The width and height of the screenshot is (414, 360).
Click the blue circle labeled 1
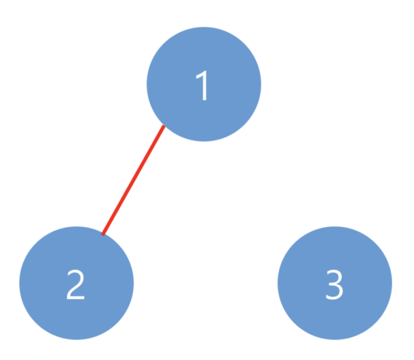point(204,84)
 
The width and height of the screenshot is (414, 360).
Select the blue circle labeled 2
point(76,283)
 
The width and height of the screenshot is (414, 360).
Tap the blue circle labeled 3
point(335,283)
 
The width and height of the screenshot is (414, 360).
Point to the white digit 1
point(202,85)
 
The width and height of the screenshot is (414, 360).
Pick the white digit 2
point(76,284)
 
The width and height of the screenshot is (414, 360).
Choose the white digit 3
point(334,284)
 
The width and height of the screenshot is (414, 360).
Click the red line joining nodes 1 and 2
point(133,180)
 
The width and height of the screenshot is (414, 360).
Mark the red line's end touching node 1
point(164,126)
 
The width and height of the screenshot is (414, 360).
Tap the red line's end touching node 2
point(103,234)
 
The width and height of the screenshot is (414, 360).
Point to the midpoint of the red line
point(133,180)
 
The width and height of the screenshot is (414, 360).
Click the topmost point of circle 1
point(204,27)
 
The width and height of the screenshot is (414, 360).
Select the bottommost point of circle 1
point(204,142)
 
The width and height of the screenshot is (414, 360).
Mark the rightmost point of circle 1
point(261,84)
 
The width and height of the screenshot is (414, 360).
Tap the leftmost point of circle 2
point(20,283)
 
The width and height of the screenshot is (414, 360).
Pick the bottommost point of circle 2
point(76,340)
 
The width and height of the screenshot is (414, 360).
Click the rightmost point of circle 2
point(134,283)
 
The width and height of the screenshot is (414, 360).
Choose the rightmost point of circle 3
point(392,283)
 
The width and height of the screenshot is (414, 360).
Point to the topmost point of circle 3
point(335,226)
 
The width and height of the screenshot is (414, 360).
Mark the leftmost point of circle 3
point(277,283)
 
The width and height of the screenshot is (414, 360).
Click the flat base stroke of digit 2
point(76,298)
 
